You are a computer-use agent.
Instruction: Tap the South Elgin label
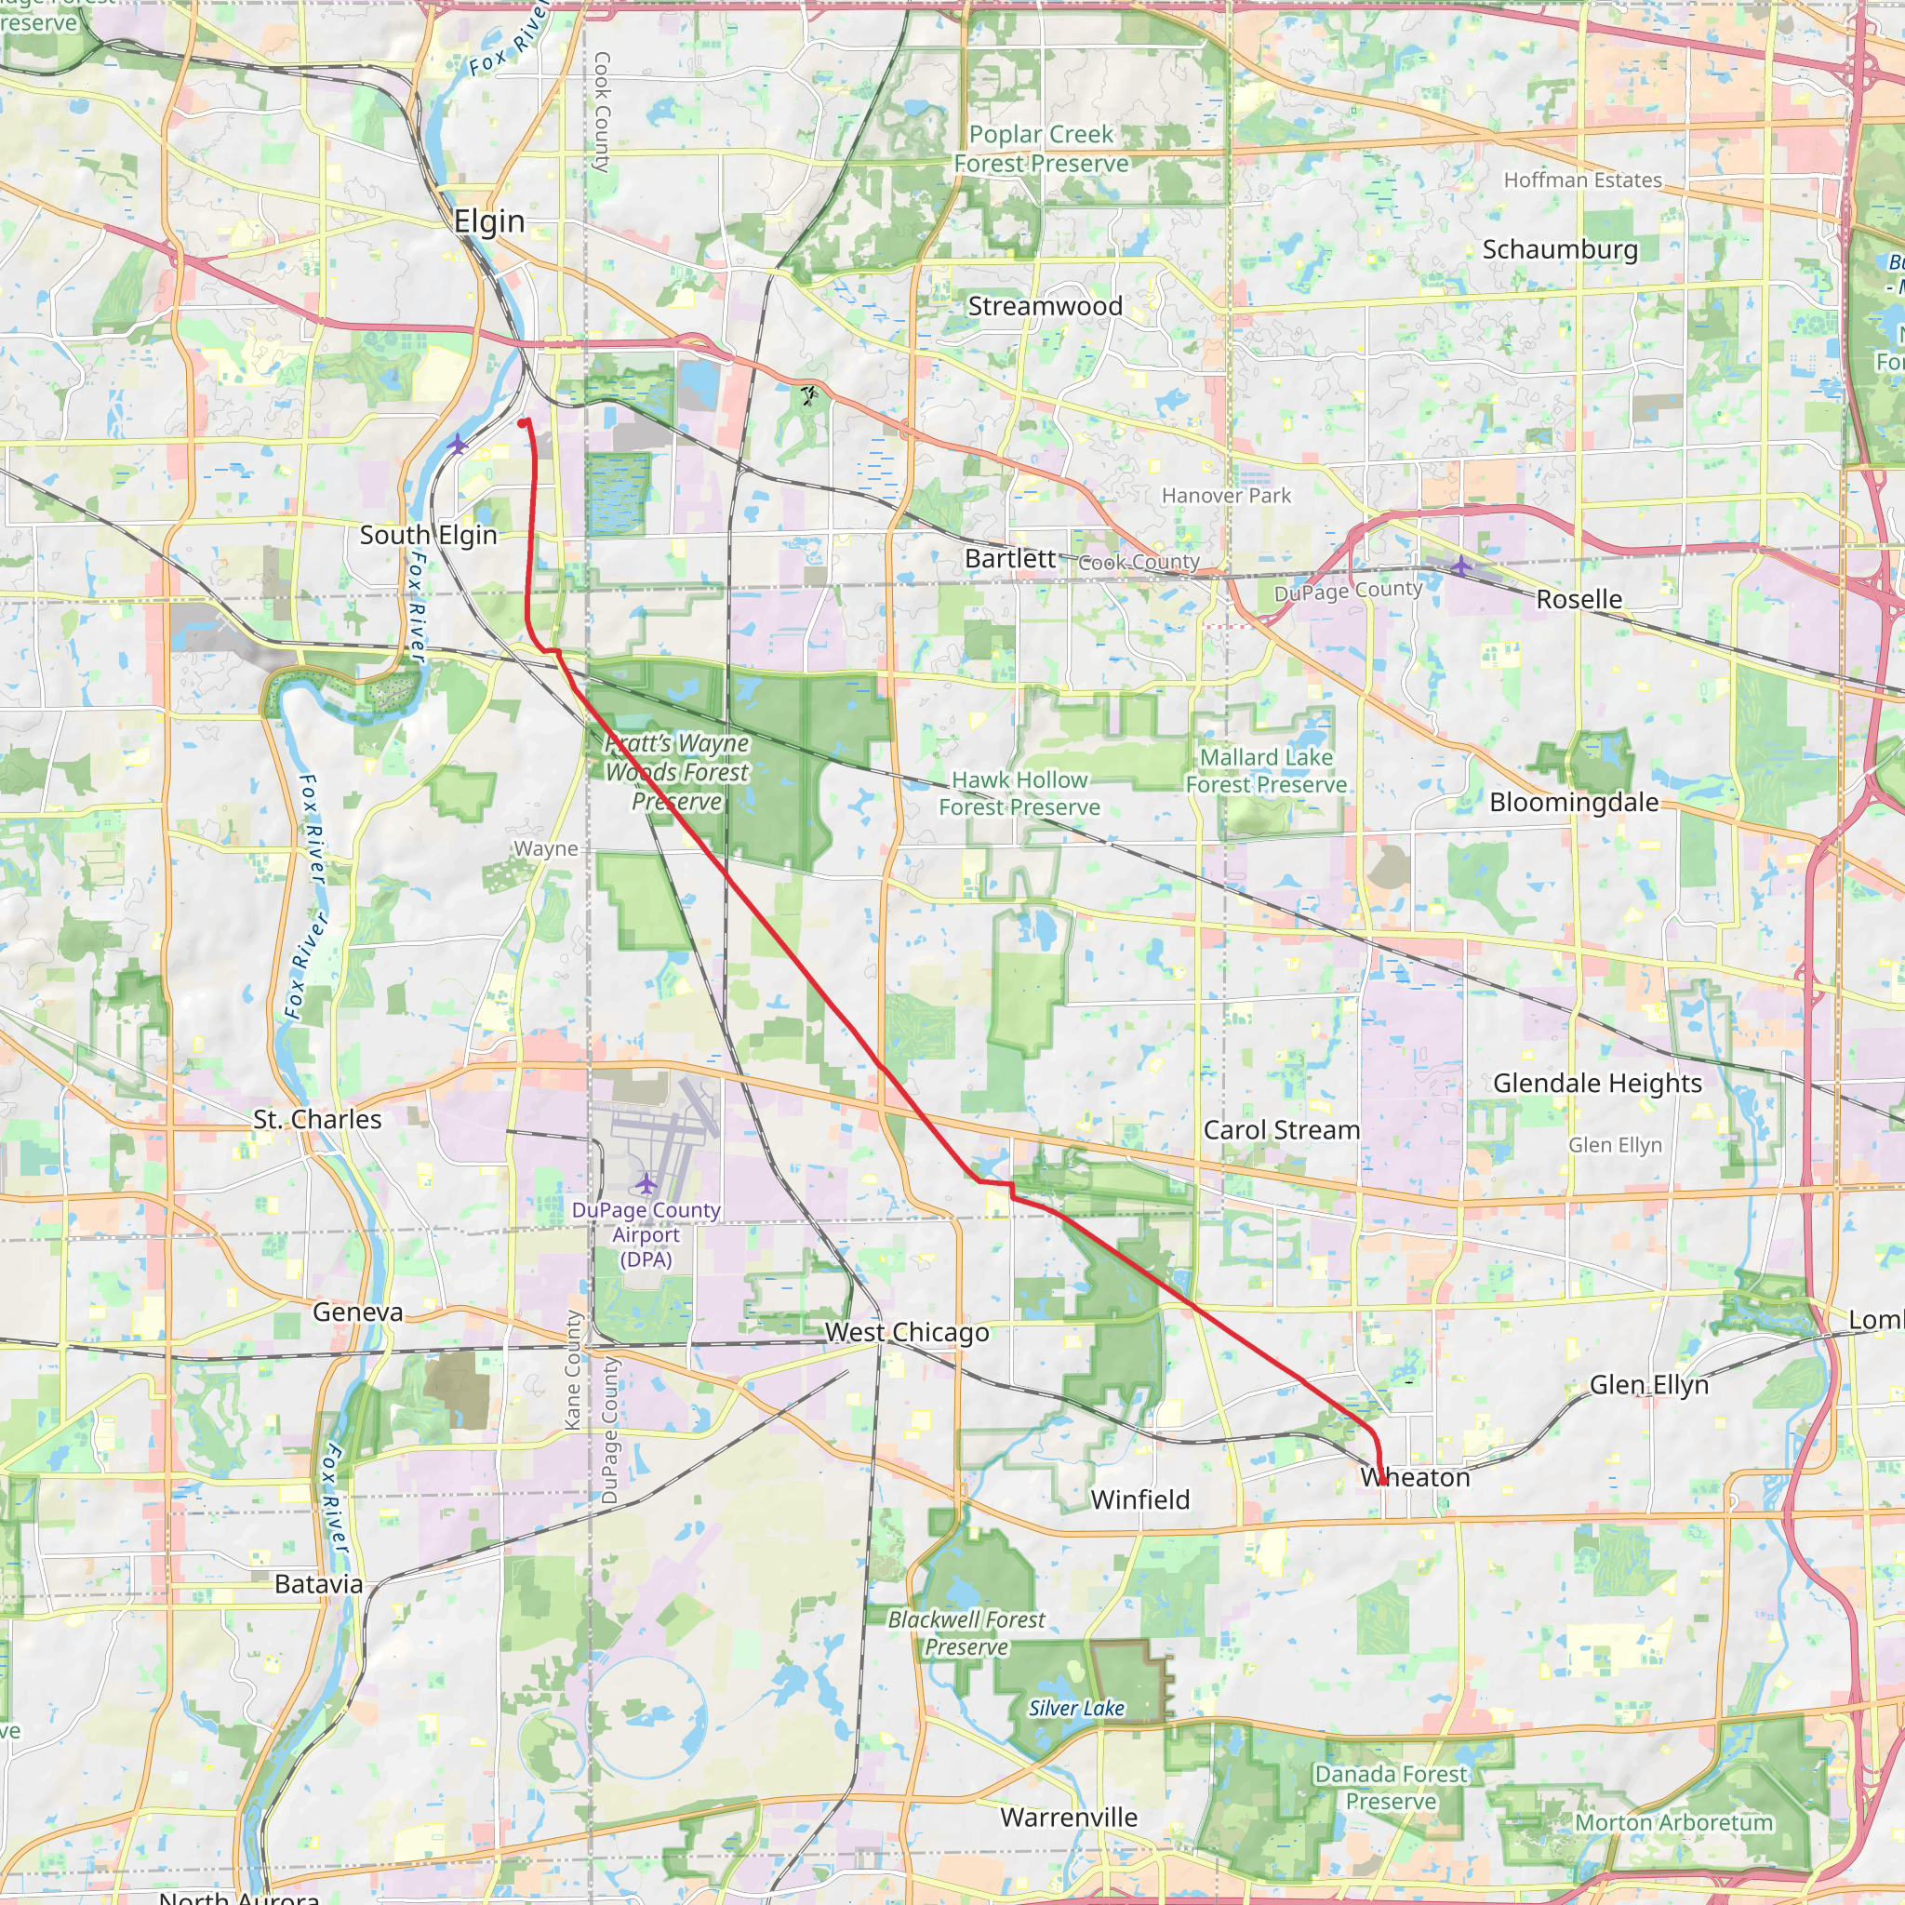pos(428,536)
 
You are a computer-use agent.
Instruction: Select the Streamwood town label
pos(1046,307)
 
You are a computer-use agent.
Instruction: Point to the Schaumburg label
pos(1560,250)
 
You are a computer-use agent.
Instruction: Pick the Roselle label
pos(1579,600)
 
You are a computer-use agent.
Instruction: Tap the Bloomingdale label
pos(1574,803)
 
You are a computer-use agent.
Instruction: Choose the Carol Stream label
pos(1281,1130)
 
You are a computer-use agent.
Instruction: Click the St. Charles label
pos(317,1120)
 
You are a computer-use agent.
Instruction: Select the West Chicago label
pos(907,1333)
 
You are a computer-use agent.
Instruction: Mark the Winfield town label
pos(1139,1500)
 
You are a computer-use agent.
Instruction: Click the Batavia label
pos(318,1584)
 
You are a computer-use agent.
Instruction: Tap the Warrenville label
pos(1069,1818)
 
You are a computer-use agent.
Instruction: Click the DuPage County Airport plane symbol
pos(646,1182)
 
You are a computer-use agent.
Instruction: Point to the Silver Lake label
pos(1076,1709)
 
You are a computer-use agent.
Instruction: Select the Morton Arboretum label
pos(1673,1823)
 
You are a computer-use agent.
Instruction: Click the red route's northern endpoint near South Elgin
pos(522,424)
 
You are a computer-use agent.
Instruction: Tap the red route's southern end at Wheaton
pos(1383,1482)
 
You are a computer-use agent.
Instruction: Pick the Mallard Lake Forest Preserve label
pos(1266,771)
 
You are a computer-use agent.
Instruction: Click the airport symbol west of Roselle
pos(1460,566)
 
